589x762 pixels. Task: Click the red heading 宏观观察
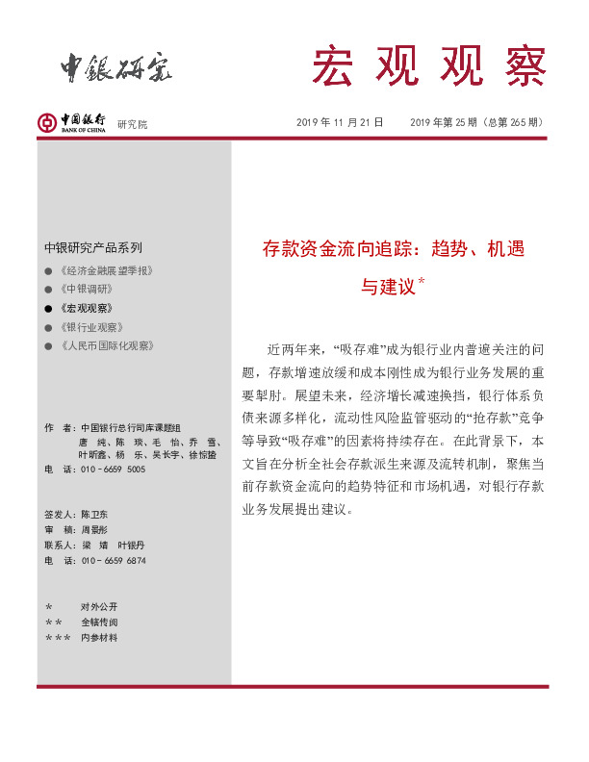(427, 65)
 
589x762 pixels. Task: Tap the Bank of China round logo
(45, 122)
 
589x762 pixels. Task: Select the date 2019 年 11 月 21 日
(340, 122)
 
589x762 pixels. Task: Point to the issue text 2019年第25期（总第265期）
(476, 122)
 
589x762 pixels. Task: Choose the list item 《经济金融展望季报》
(106, 270)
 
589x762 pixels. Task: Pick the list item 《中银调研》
(86, 289)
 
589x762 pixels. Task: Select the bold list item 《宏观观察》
(86, 308)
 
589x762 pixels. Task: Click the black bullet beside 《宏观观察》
(48, 308)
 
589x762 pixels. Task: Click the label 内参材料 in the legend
(99, 637)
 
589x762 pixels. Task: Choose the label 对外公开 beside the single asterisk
(99, 607)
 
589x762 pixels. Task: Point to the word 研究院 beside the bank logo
(133, 125)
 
